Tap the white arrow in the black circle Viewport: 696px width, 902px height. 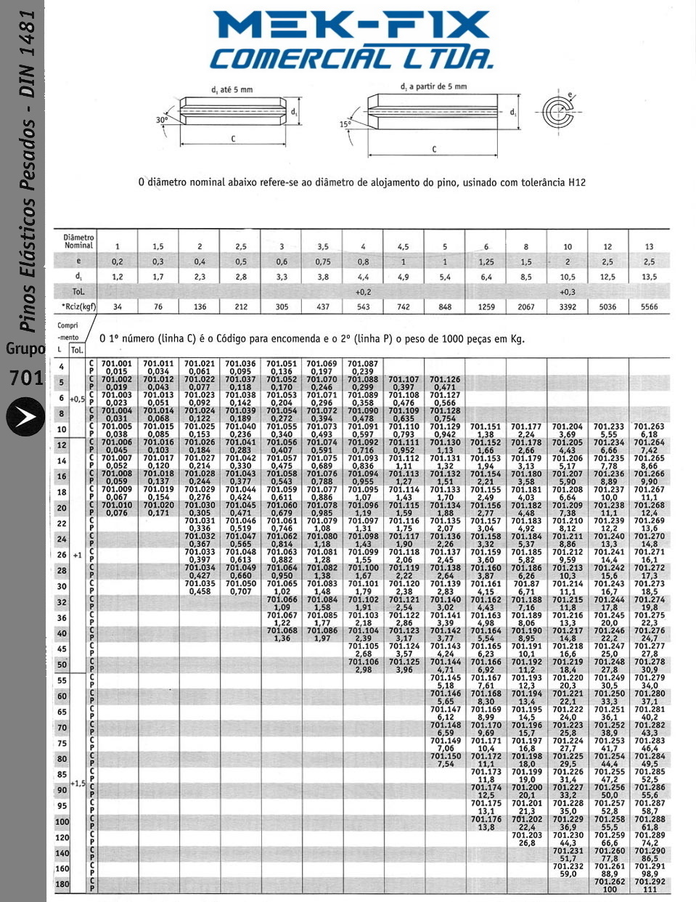pyautogui.click(x=25, y=417)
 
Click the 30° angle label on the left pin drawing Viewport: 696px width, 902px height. pyautogui.click(x=161, y=120)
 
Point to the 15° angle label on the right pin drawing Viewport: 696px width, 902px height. pyautogui.click(x=345, y=124)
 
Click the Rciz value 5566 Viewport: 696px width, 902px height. pyautogui.click(x=649, y=306)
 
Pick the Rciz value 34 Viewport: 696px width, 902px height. pyautogui.click(x=118, y=306)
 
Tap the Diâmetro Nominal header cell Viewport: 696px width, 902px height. pyautogui.click(x=78, y=241)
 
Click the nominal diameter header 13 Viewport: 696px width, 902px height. pyautogui.click(x=649, y=247)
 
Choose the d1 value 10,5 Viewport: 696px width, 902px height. pyautogui.click(x=568, y=277)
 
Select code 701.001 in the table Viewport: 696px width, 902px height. pyautogui.click(x=117, y=363)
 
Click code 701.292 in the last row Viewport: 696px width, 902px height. pyautogui.click(x=649, y=882)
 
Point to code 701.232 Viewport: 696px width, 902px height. pyautogui.click(x=568, y=866)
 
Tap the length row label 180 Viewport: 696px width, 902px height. pyautogui.click(x=62, y=884)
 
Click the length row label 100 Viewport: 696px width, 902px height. pyautogui.click(x=62, y=821)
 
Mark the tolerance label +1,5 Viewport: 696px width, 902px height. pyautogui.click(x=78, y=784)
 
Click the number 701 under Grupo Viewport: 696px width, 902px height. pyautogui.click(x=26, y=378)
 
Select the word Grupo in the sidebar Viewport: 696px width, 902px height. pyautogui.click(x=25, y=349)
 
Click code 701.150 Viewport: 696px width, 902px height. pyautogui.click(x=445, y=756)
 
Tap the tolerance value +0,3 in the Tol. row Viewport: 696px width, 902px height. pyautogui.click(x=568, y=291)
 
